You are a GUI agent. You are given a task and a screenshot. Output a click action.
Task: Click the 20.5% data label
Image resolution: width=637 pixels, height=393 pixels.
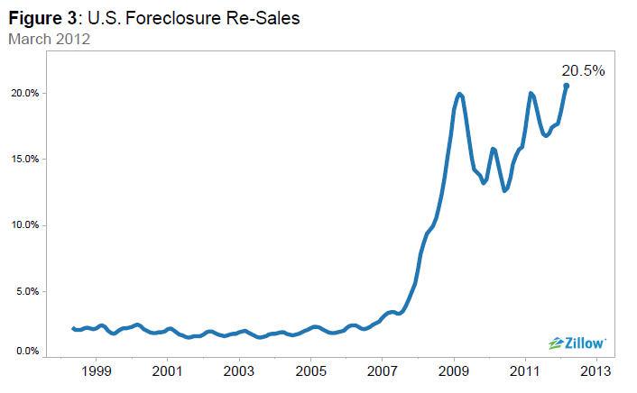[583, 70]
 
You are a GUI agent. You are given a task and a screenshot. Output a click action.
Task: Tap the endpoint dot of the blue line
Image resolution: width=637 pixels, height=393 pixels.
[566, 86]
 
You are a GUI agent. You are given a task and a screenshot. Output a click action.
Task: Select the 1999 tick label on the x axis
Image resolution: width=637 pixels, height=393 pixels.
[97, 370]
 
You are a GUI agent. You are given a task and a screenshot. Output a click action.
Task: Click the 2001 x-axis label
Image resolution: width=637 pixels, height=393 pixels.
[168, 370]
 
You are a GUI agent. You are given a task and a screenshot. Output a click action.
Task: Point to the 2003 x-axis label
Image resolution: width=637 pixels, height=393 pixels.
[239, 370]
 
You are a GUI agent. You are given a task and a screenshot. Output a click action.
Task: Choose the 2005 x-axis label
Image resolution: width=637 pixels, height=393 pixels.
[311, 370]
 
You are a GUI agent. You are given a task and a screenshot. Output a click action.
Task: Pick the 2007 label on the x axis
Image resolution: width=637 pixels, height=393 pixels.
[383, 370]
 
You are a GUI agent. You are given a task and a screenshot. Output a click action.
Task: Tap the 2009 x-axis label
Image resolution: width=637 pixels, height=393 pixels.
[454, 370]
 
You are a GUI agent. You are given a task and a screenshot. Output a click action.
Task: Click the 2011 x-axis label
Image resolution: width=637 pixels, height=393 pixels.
[525, 370]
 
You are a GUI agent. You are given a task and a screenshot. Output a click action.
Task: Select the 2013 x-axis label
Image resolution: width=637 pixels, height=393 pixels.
[596, 370]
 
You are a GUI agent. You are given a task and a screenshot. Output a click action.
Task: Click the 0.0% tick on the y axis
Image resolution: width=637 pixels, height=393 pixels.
[26, 352]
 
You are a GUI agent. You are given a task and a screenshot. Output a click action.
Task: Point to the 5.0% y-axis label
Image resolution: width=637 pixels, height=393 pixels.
[26, 291]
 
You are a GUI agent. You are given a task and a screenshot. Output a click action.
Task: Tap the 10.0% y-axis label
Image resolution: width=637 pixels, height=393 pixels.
[24, 225]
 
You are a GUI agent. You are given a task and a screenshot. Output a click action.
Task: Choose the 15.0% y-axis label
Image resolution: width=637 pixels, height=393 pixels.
[24, 160]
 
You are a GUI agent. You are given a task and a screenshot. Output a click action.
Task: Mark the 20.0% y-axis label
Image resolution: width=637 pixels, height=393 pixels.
[24, 94]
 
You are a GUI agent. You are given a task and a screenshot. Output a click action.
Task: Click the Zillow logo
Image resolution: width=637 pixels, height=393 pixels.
[577, 343]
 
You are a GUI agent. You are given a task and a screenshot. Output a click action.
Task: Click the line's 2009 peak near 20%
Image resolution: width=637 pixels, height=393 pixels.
[459, 94]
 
